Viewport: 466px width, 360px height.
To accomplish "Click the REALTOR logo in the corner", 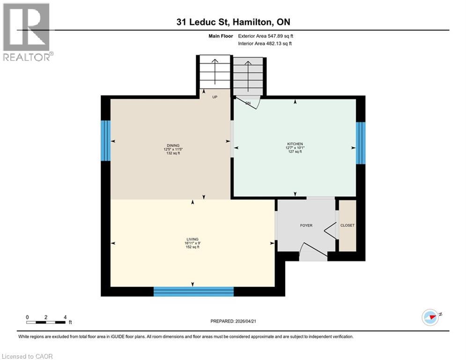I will (26, 32).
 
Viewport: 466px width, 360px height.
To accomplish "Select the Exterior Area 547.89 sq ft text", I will (266, 36).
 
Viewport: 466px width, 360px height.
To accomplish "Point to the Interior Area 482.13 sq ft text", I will (265, 44).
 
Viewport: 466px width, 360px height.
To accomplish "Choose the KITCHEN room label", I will (295, 144).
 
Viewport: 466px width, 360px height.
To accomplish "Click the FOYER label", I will (306, 225).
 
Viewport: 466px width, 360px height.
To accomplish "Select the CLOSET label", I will (347, 225).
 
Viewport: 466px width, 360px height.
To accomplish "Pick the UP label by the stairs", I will (215, 97).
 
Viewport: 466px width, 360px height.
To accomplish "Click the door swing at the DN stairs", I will (248, 103).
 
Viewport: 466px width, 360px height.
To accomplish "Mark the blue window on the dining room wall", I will (106, 140).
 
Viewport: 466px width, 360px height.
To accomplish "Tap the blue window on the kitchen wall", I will (360, 142).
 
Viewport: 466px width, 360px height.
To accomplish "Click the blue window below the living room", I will (193, 292).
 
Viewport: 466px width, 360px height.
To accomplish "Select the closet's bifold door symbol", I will (332, 230).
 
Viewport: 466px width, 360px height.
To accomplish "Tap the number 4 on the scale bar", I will (65, 317).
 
